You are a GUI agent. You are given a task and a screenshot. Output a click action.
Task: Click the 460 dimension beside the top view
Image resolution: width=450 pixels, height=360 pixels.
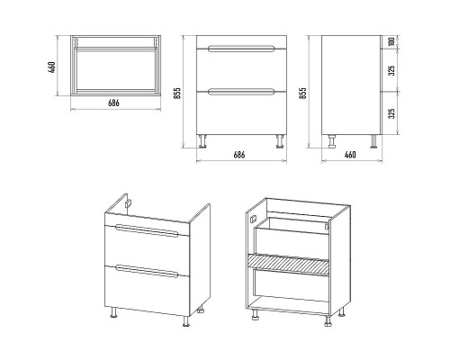point(52,67)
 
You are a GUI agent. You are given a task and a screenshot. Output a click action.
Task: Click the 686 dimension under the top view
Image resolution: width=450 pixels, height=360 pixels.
point(113,103)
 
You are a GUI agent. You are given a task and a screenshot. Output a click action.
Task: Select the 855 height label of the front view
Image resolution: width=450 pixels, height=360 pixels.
point(177,94)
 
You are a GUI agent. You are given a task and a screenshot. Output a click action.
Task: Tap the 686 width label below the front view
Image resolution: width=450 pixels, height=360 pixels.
point(239,155)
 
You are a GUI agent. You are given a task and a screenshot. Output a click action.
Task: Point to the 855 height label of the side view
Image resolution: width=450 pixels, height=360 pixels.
point(303,94)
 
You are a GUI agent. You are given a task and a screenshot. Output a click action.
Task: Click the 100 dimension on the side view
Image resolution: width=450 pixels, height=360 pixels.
point(391,41)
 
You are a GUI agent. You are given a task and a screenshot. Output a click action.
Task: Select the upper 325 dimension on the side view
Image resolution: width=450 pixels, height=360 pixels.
point(391,71)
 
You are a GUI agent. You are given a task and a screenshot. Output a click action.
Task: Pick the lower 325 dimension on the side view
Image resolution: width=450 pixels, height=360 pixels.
point(391,113)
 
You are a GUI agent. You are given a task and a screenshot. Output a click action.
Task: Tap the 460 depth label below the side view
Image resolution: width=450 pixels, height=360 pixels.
point(350,155)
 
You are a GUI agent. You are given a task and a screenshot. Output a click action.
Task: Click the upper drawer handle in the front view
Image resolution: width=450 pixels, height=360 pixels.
point(241,49)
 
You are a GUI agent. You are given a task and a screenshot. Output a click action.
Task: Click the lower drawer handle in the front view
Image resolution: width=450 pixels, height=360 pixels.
point(241,92)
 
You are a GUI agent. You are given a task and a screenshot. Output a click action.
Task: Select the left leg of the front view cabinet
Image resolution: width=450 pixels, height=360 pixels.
point(202,141)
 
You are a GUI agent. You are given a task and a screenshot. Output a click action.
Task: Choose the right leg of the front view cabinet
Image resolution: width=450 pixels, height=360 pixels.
point(281,141)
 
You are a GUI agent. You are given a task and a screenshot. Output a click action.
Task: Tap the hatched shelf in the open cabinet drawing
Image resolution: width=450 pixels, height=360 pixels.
point(288,264)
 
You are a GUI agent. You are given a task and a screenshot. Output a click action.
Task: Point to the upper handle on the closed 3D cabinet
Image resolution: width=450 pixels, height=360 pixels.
point(147,230)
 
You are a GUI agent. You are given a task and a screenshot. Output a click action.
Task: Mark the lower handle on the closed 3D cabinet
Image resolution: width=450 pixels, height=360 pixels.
point(147,271)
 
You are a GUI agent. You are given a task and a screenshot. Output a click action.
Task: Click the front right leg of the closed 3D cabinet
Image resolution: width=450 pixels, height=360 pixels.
point(186,321)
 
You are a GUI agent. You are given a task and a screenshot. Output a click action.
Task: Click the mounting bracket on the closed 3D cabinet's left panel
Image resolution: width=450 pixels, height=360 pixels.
point(129,204)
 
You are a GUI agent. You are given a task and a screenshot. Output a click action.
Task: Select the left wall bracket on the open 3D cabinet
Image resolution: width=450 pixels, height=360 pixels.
point(254,220)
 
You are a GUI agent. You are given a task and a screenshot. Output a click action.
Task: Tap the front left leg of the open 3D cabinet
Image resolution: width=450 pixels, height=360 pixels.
point(256,314)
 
